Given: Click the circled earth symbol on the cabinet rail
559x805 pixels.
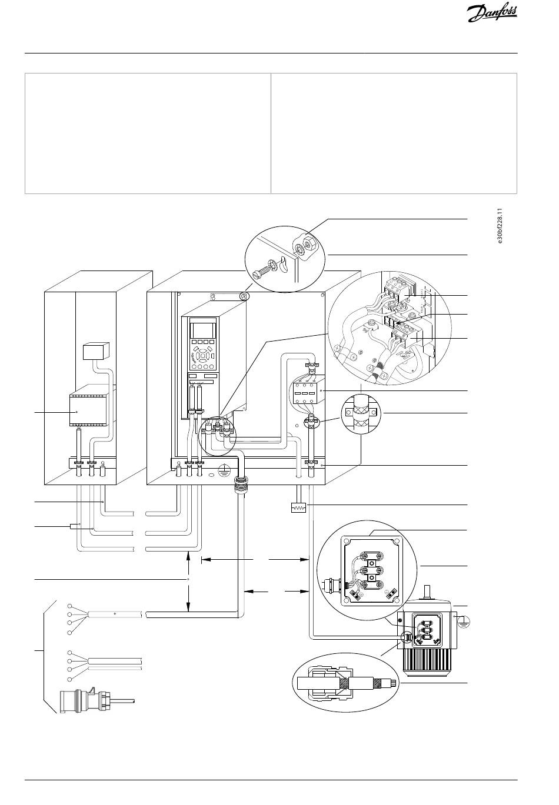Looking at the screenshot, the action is tap(224, 469).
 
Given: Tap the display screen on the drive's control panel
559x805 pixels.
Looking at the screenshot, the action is tap(199, 329).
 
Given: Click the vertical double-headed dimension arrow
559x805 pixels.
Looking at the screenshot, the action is tap(188, 582).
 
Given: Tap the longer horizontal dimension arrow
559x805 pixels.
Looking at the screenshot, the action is tap(255, 559).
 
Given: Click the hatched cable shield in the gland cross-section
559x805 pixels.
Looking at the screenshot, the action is tap(344, 684).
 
